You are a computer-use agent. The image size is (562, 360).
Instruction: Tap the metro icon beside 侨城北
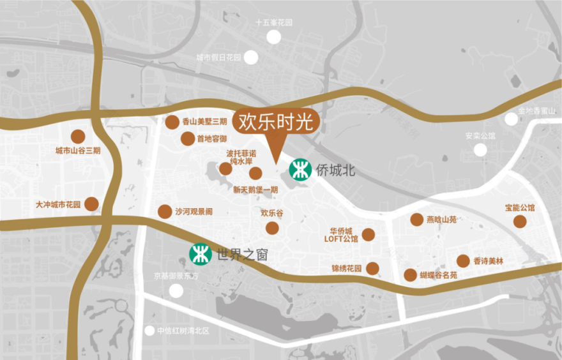point(300,170)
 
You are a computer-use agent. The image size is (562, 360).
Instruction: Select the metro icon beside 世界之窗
point(201,254)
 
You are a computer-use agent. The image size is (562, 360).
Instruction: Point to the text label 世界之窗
point(242,255)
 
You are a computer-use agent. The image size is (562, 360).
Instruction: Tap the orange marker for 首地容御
point(187,139)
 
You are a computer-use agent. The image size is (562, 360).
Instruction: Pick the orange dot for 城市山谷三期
point(78,137)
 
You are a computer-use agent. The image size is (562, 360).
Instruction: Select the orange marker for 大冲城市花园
point(91,204)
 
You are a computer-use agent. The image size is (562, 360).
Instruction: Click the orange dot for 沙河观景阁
point(164,211)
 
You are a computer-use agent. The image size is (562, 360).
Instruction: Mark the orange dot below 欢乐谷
point(272,228)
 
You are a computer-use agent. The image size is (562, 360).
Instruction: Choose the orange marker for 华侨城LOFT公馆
point(368,234)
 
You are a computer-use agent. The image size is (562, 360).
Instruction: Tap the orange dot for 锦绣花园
point(372,268)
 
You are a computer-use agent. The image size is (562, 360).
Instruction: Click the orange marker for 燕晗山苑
point(416,220)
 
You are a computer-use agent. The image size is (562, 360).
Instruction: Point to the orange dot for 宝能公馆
point(520,221)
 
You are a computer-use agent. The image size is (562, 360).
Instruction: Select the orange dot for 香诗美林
point(463,261)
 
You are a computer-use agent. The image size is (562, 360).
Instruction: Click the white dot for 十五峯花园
point(273,37)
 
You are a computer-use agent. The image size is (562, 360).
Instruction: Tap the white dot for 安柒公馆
point(480,150)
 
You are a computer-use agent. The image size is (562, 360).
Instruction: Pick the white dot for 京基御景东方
point(176,291)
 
